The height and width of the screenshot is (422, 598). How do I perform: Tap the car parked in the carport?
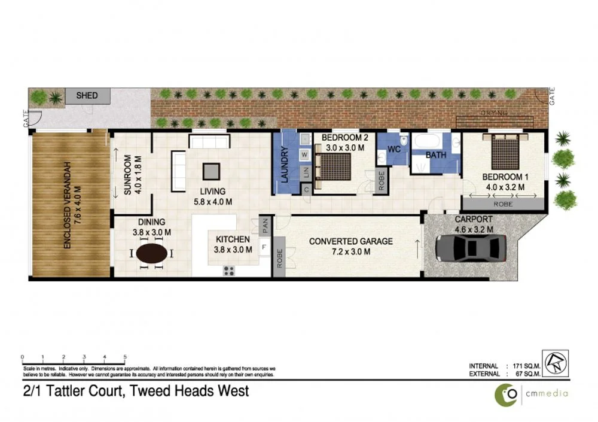[471, 246]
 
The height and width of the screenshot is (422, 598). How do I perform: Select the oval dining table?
[152, 253]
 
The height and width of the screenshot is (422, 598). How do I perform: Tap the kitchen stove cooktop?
[228, 270]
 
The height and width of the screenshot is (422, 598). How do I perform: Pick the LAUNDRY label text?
[285, 166]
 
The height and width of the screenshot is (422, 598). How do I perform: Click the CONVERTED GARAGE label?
[350, 241]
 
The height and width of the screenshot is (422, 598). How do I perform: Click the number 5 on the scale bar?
[125, 357]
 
